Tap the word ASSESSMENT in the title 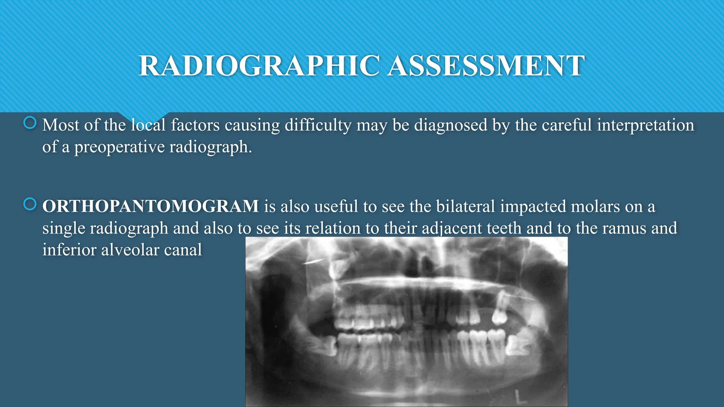pos(486,66)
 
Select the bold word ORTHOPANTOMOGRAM pos(151,206)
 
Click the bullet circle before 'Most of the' pos(30,123)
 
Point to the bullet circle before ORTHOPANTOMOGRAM pos(30,204)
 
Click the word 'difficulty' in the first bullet pos(318,125)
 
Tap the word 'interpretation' pos(646,125)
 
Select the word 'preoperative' pos(119,147)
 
